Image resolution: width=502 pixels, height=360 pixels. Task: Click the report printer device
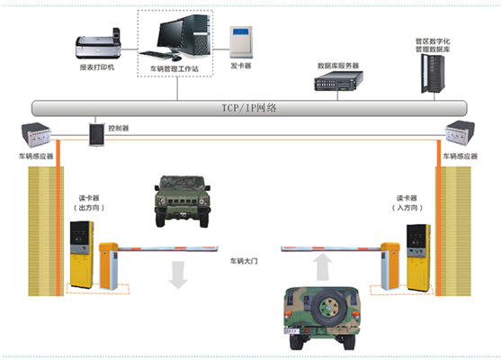[98, 44]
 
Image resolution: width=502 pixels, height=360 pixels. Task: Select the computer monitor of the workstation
[170, 34]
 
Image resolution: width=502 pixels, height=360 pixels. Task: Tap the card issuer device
[241, 42]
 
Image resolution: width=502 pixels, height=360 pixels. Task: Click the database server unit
[338, 81]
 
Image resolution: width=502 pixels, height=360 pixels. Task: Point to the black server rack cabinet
[433, 74]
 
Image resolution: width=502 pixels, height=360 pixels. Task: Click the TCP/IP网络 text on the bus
[249, 108]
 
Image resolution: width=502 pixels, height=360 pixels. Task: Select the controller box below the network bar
[97, 134]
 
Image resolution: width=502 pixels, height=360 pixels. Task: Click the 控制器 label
[119, 129]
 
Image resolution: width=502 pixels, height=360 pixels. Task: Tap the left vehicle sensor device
[36, 135]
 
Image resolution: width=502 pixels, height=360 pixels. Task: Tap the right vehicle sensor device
[460, 133]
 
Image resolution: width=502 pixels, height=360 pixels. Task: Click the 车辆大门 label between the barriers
[244, 261]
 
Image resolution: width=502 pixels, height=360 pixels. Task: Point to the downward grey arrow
[178, 274]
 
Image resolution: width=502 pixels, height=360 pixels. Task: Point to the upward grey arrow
[322, 266]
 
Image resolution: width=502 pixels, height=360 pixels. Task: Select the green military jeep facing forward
[183, 201]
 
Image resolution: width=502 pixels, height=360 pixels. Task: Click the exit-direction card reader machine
[82, 254]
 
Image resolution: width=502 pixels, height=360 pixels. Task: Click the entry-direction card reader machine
[418, 257]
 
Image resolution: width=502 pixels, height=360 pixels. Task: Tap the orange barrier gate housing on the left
[108, 266]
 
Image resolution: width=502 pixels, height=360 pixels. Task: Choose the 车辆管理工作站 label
[175, 69]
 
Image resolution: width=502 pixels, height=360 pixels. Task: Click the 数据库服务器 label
[338, 66]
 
